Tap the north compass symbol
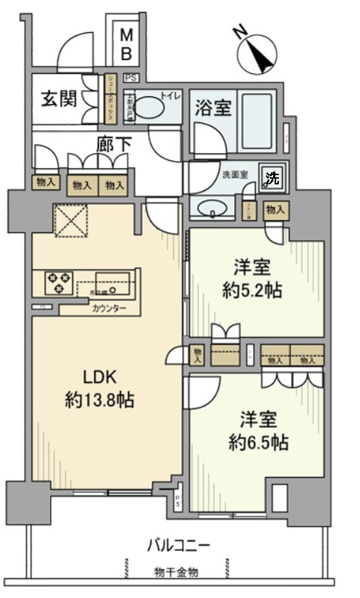pyautogui.click(x=257, y=52)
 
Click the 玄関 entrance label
pyautogui.click(x=53, y=99)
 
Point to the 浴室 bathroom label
pyautogui.click(x=213, y=107)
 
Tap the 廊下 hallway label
pyautogui.click(x=114, y=144)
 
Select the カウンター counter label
pyautogui.click(x=109, y=308)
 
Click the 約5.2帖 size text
pyautogui.click(x=254, y=290)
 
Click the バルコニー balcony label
pyautogui.click(x=179, y=545)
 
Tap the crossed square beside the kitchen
pyautogui.click(x=71, y=220)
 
